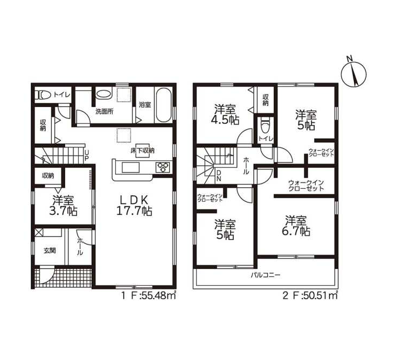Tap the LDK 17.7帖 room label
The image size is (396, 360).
click(x=134, y=206)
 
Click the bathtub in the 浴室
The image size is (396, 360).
click(x=164, y=105)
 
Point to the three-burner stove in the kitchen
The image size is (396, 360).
click(x=163, y=167)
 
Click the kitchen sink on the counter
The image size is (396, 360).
click(x=130, y=167)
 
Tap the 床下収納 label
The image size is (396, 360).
click(x=142, y=151)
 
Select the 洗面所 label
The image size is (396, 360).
click(x=105, y=111)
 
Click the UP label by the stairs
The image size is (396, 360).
click(x=87, y=156)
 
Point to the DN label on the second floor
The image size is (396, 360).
click(x=219, y=176)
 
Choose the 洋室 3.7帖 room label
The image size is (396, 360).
click(x=63, y=206)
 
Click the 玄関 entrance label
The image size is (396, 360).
click(x=50, y=251)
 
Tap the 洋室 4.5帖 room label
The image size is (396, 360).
click(x=225, y=115)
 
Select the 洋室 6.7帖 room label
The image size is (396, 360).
click(x=296, y=226)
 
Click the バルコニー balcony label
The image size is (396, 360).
click(x=266, y=275)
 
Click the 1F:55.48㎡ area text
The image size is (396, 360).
click(x=149, y=295)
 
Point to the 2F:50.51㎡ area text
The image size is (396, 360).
click(x=310, y=295)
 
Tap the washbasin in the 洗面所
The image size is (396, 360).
click(x=104, y=94)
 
